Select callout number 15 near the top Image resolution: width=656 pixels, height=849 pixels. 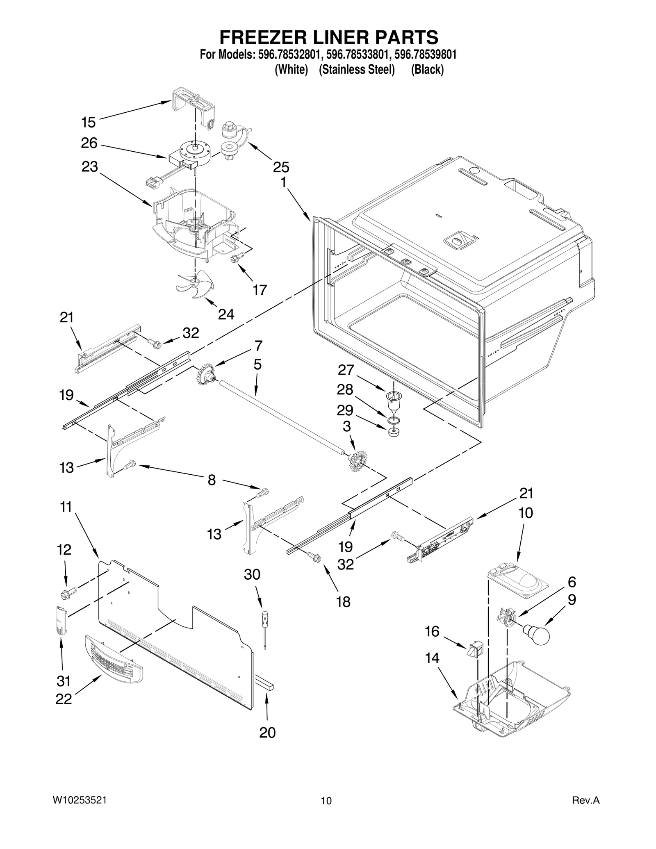pos(88,122)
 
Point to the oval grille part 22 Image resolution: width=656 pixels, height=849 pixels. pos(114,659)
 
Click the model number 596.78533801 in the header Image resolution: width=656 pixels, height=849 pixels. pos(357,55)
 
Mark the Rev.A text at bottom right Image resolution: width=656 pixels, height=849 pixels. pos(585,800)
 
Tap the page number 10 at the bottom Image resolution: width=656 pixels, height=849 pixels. pos(326,801)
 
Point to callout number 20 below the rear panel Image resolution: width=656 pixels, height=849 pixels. pos(267,732)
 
